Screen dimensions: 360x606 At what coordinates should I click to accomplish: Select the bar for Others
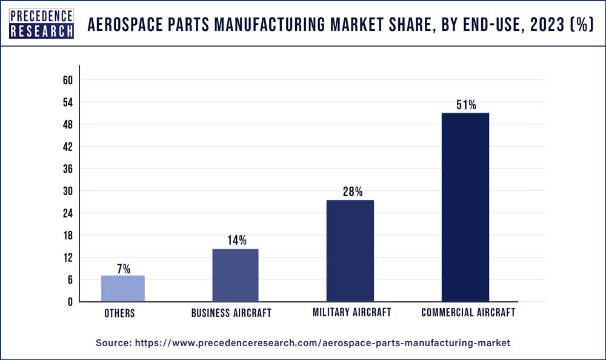pos(123,288)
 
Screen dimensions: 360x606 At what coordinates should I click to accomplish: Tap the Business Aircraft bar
pos(235,275)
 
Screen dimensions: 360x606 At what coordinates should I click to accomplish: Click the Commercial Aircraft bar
pos(465,207)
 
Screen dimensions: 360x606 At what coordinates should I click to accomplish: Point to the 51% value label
pos(466,105)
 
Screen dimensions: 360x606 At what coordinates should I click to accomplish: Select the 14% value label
pos(236,241)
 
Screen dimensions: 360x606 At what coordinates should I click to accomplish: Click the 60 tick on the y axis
pos(67,81)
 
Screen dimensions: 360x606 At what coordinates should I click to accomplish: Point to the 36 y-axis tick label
pos(67,169)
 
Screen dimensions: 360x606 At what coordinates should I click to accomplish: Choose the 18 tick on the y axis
pos(67,235)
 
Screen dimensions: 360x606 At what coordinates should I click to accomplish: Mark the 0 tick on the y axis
pos(70,302)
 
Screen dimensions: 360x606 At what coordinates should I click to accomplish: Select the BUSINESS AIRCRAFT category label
pos(231,313)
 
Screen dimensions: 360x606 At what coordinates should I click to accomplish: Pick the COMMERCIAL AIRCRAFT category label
pos(468,313)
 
